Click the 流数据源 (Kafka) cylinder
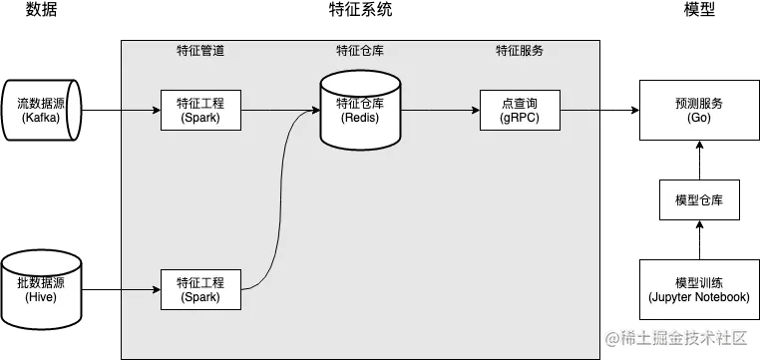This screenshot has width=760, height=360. click(x=41, y=110)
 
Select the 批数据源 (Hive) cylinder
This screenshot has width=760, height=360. click(x=41, y=289)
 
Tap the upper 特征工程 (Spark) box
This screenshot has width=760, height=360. click(x=200, y=110)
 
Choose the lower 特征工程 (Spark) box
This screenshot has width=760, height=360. click(x=200, y=289)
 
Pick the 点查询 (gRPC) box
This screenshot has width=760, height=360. click(x=520, y=110)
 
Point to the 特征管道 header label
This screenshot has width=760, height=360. click(x=199, y=51)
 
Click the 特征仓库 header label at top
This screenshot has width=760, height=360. click(x=359, y=51)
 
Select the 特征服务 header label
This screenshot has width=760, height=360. click(x=520, y=51)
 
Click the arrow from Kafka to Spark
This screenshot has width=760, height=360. click(x=120, y=110)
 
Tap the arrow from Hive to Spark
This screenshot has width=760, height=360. click(x=120, y=289)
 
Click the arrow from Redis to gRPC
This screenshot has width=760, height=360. click(x=439, y=110)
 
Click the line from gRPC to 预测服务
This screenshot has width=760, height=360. click(x=598, y=110)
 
